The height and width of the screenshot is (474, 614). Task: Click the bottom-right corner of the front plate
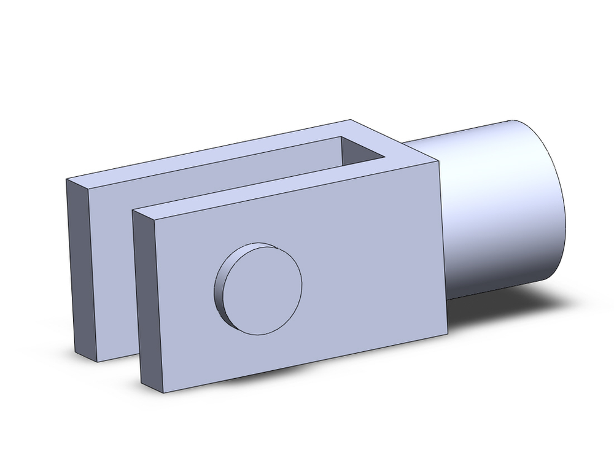[x=447, y=335]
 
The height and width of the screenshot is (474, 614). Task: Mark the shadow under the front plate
[x=295, y=375]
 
